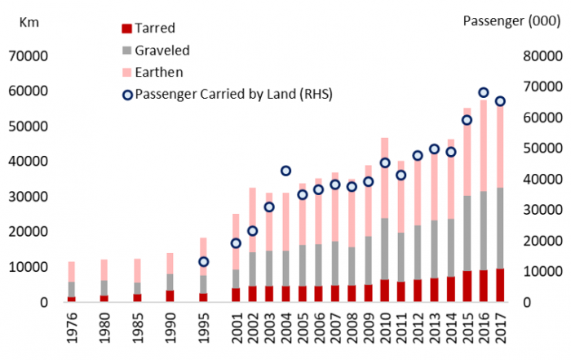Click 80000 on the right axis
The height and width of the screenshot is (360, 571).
(536, 56)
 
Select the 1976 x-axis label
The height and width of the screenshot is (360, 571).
(72, 331)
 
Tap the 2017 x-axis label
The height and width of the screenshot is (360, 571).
(500, 331)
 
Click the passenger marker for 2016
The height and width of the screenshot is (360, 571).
(483, 93)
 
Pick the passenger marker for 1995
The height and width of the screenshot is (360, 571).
(204, 261)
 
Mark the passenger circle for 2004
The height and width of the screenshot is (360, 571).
(286, 171)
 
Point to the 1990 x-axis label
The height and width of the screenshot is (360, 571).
(170, 331)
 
